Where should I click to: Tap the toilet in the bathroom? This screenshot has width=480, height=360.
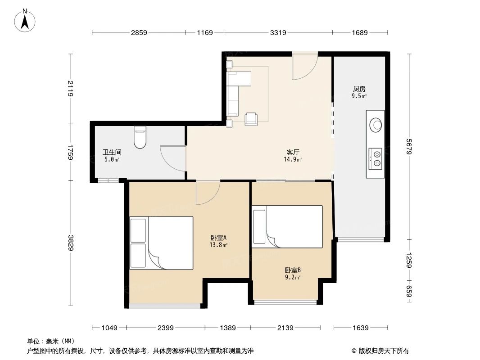coord(140,137)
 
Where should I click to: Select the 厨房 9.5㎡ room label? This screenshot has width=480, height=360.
coord(359,92)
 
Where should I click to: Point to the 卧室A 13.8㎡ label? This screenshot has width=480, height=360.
coord(218,241)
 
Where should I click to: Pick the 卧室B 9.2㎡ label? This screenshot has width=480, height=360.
coord(293,274)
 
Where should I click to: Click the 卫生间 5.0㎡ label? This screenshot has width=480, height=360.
coord(112,156)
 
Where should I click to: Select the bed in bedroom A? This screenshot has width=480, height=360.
coord(161,243)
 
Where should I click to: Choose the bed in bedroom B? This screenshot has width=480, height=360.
coord(287,227)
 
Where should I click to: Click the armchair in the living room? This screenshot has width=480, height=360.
coord(251,119)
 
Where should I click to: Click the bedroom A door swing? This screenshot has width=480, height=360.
coord(208,192)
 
